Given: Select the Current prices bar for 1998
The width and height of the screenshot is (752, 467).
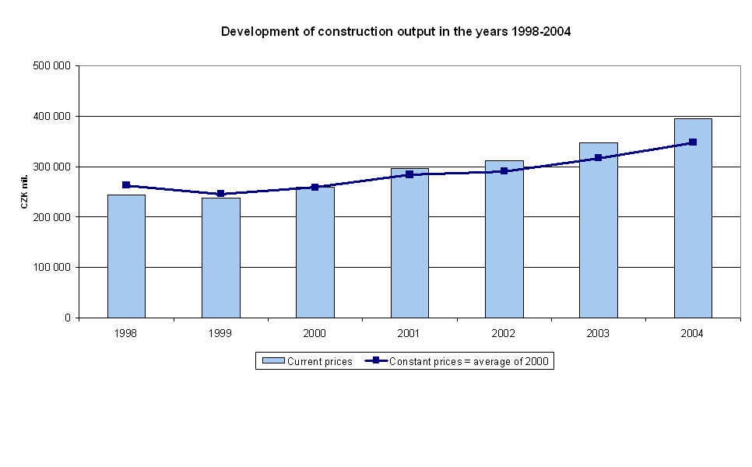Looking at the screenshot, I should tap(126, 256).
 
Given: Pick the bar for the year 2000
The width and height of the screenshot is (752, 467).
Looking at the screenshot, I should tap(315, 252).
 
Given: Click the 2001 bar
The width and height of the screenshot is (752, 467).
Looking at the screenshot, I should tap(409, 243).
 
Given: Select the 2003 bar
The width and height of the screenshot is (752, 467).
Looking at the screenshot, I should tap(598, 230).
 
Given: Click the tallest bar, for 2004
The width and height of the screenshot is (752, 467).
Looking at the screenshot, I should tap(693, 218).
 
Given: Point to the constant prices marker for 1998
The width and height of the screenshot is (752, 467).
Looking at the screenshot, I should tap(126, 185).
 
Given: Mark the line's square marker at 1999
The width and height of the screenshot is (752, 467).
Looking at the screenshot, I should tap(220, 194).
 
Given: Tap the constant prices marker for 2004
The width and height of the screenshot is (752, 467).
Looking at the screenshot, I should tap(693, 142).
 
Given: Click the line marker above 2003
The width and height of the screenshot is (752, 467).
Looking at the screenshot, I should tap(598, 158).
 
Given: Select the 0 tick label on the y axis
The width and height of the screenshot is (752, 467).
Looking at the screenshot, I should tap(68, 318).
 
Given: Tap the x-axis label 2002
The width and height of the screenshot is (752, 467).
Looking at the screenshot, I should tap(503, 333).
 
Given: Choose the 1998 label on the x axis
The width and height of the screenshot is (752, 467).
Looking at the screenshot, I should tap(125, 333).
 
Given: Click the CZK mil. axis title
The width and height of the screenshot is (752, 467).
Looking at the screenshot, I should tap(24, 192).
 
